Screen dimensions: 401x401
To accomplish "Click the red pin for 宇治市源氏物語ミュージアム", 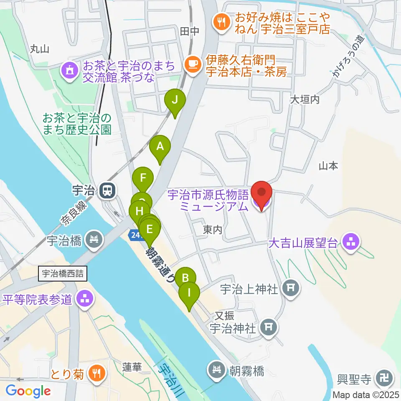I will [x=262, y=193].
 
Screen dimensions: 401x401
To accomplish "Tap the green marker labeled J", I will [x=175, y=101].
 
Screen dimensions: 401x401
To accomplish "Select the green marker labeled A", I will [x=160, y=147].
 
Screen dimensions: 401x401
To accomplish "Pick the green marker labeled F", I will [x=143, y=178].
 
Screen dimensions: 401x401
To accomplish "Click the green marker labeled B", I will [x=185, y=277].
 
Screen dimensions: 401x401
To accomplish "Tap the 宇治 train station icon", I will [x=108, y=191].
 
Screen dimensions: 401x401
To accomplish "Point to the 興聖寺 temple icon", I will [x=383, y=379].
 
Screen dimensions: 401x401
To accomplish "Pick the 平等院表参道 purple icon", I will [x=86, y=299].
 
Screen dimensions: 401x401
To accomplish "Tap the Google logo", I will [x=28, y=391].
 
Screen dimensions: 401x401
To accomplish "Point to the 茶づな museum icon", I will [x=69, y=69].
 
